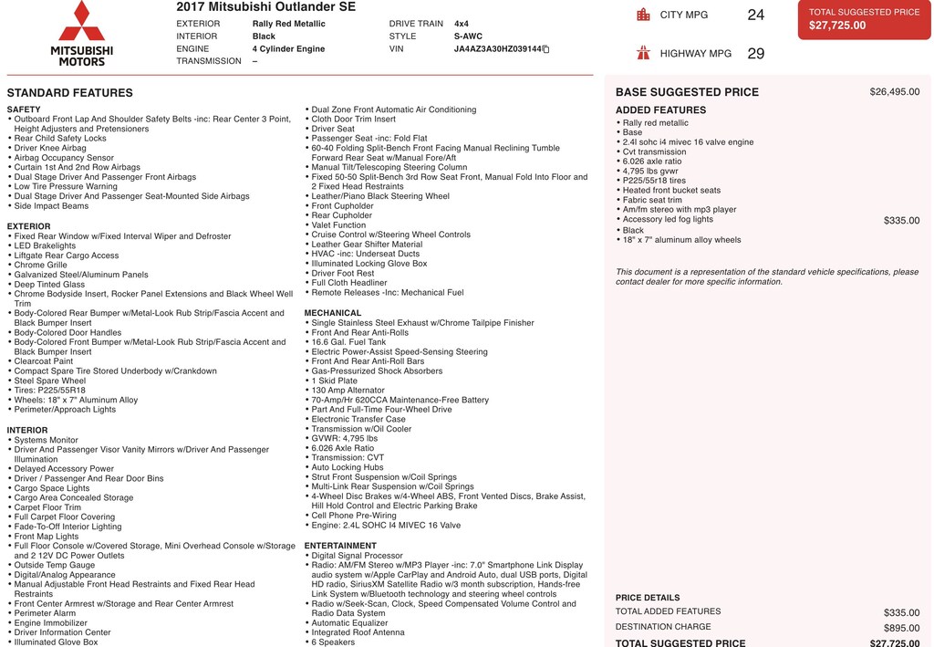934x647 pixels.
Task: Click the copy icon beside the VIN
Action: tap(545, 49)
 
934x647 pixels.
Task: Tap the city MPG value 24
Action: tap(755, 15)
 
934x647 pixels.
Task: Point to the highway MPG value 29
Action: tap(755, 54)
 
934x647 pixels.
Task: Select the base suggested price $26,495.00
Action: tap(894, 92)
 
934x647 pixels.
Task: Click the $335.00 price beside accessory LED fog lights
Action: tap(901, 221)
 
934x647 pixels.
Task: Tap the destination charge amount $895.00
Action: tap(901, 628)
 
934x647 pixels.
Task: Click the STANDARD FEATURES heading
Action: tap(69, 93)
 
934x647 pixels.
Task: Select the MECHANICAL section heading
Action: tap(333, 313)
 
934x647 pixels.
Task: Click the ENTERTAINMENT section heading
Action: tap(340, 546)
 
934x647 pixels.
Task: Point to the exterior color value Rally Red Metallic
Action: tap(288, 24)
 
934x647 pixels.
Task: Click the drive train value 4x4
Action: tap(462, 24)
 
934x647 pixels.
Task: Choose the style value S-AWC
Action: tap(468, 37)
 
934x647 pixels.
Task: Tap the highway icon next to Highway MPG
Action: tap(644, 53)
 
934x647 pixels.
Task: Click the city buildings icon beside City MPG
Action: tap(644, 15)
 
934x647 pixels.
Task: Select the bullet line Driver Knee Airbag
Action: tap(50, 148)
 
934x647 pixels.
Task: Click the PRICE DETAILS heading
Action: tap(648, 598)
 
